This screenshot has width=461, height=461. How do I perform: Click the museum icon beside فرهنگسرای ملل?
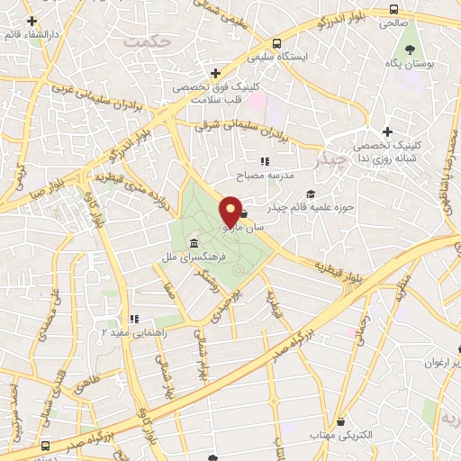click(x=194, y=243)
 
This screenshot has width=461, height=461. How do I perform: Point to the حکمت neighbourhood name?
click(x=148, y=41)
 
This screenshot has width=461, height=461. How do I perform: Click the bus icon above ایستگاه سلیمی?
click(x=276, y=43)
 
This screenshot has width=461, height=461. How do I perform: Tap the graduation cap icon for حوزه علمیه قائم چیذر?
click(x=311, y=194)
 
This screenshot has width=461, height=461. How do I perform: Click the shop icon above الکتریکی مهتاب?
click(x=340, y=421)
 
